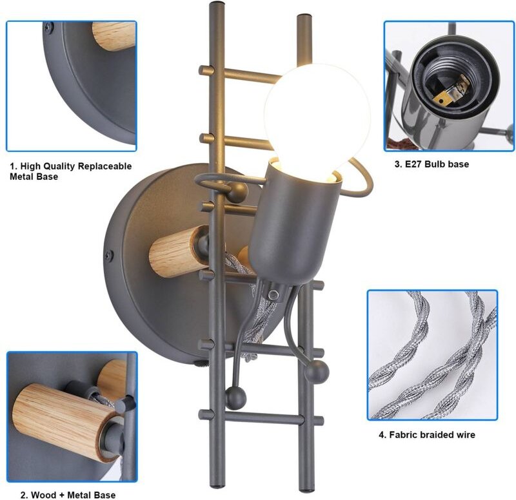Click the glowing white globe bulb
coord(317,119)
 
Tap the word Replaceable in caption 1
coord(104,166)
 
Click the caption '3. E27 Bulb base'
coord(432,164)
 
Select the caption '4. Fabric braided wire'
coord(427,435)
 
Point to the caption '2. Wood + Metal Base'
coord(68,495)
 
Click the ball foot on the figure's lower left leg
coord(235,398)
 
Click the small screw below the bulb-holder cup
coord(273,294)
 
